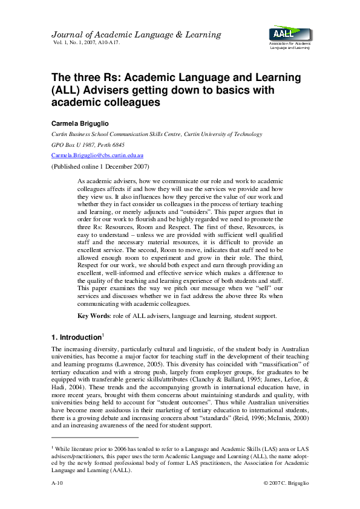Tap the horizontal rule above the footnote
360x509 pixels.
coord(94,437)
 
